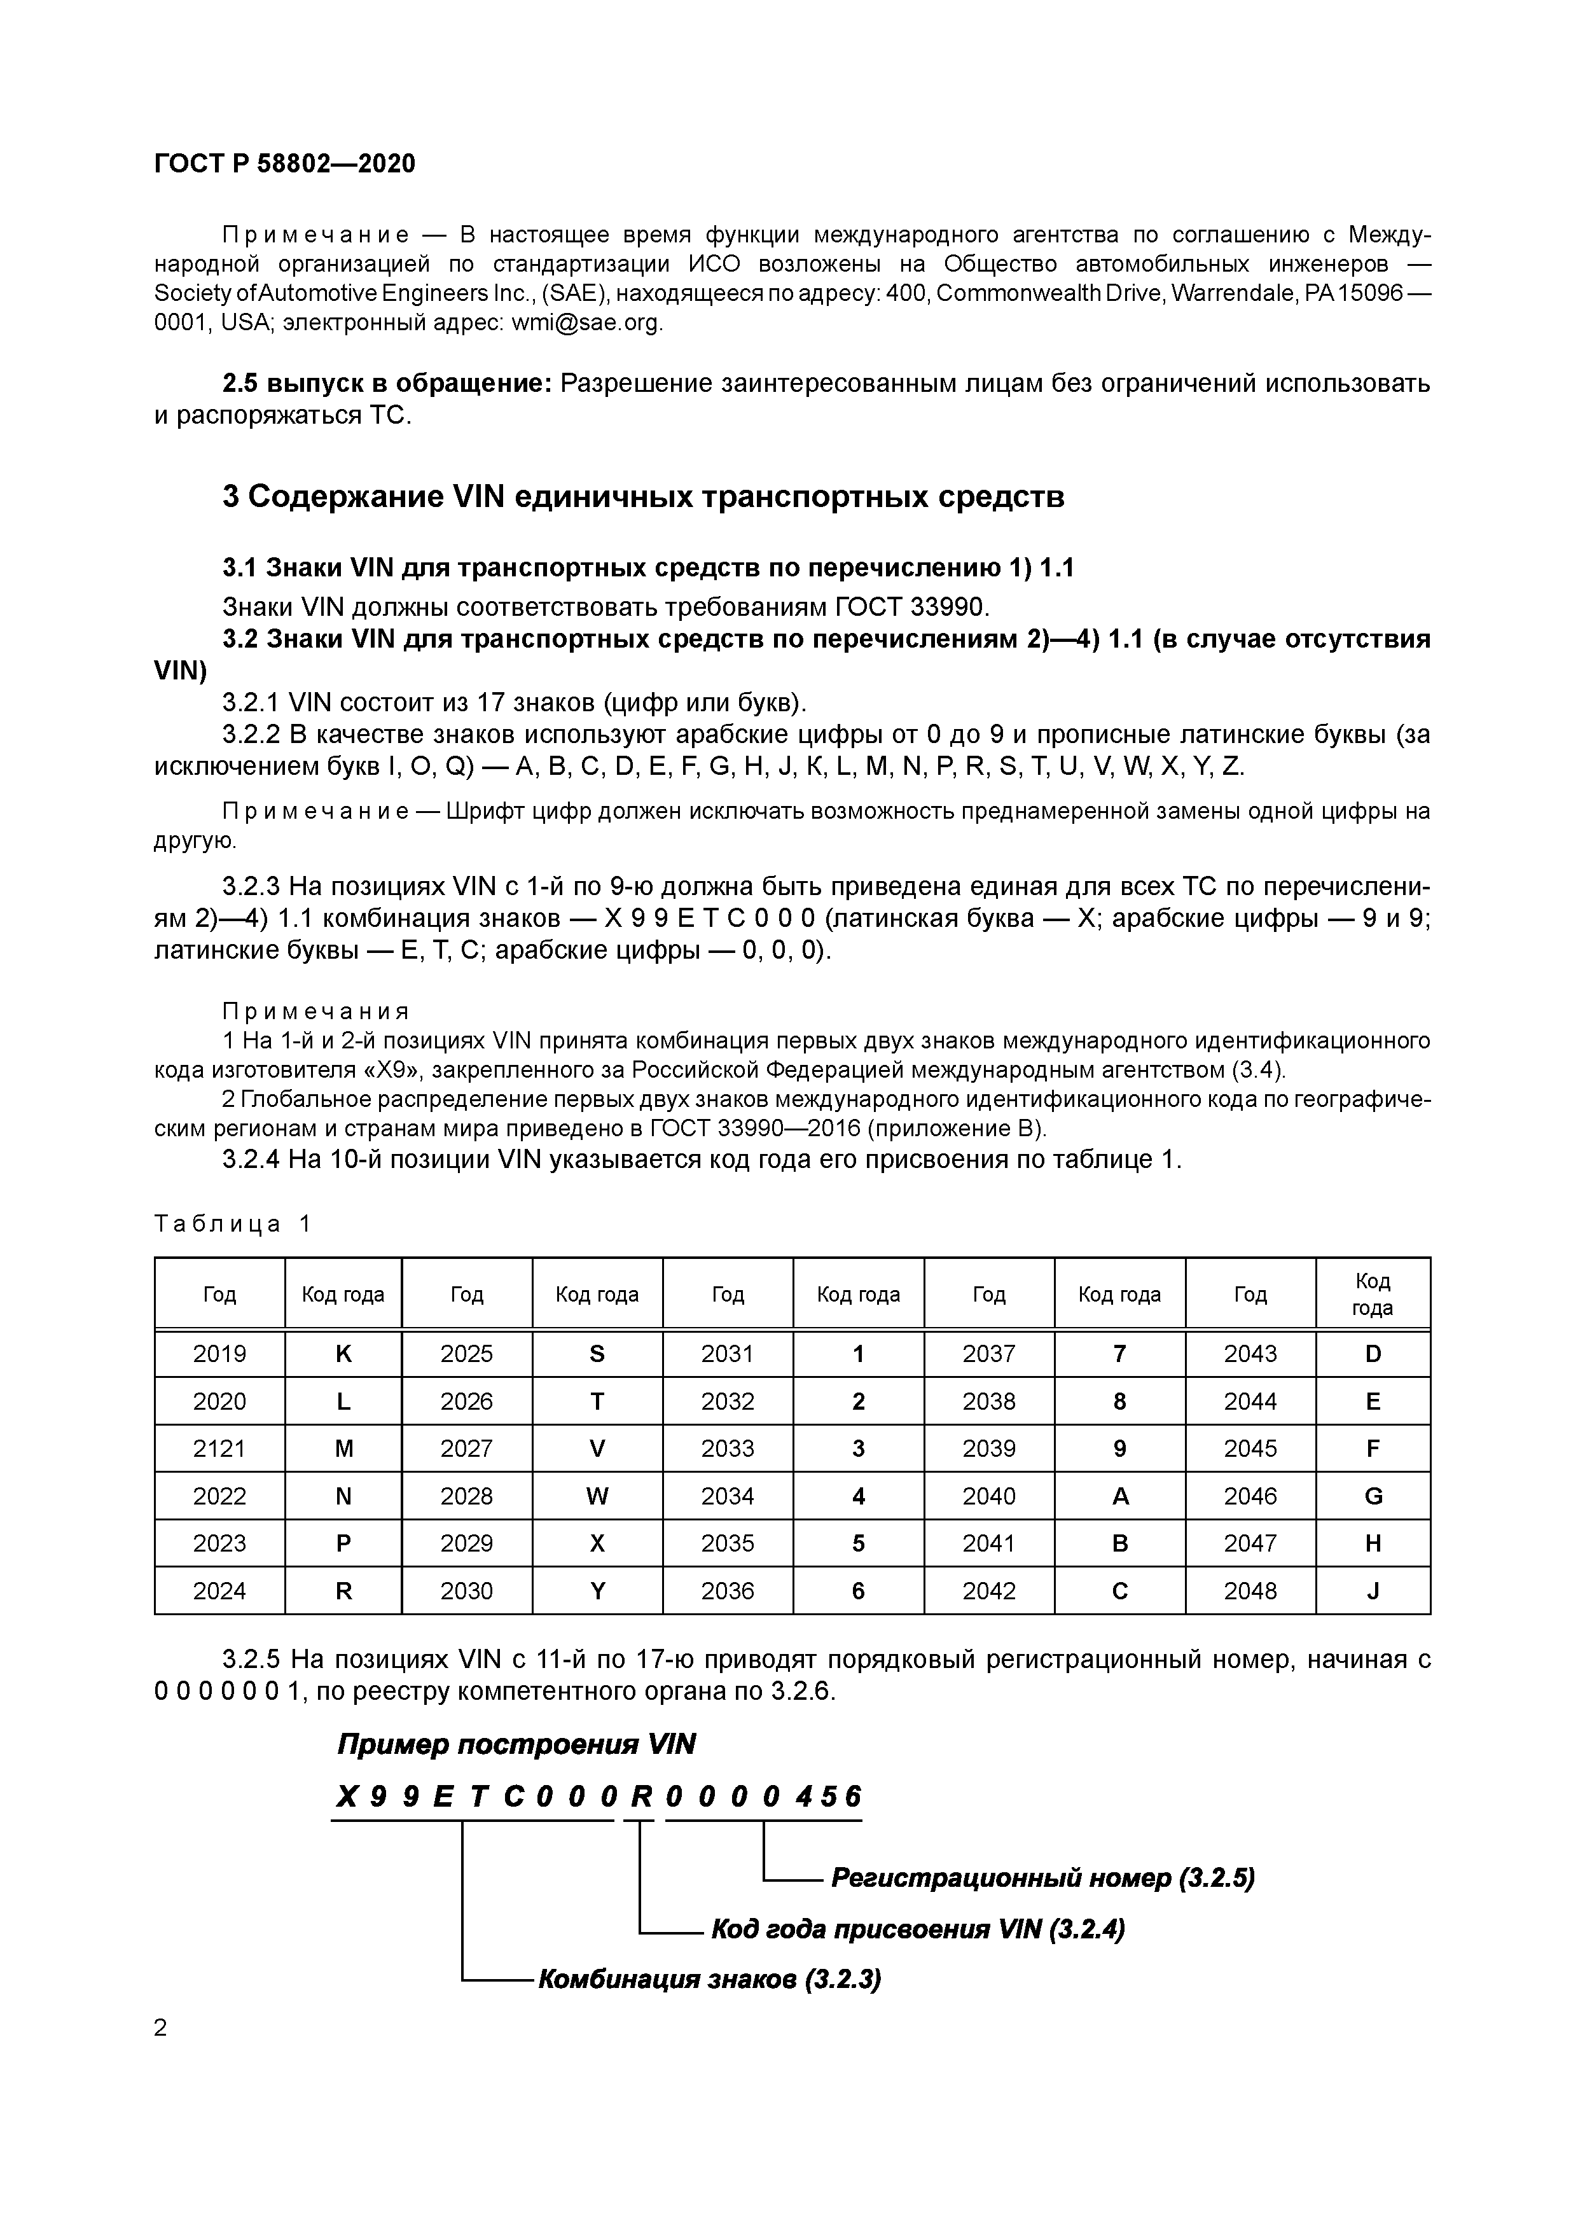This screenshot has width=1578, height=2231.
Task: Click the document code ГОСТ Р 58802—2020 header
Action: click(285, 163)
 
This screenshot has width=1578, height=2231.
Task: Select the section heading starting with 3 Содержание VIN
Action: click(643, 497)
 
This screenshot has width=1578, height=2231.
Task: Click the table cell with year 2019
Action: click(219, 1354)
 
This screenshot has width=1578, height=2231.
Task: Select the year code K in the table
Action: click(343, 1354)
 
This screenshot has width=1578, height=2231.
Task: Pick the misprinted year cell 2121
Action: click(219, 1449)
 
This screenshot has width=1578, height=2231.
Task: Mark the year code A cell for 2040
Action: click(1119, 1496)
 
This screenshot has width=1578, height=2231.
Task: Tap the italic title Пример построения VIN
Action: click(516, 1744)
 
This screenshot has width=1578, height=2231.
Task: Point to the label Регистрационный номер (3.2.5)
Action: click(1042, 1879)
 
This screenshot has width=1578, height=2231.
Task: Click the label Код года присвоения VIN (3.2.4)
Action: click(917, 1929)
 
